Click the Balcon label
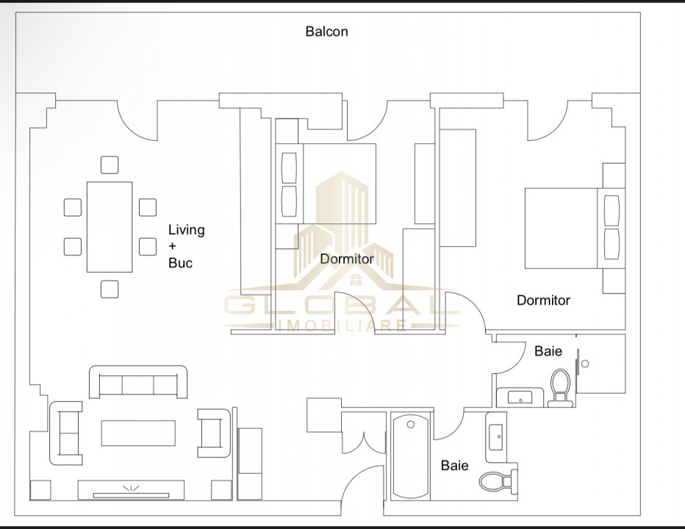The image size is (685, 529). (326, 32)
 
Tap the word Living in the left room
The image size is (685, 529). (186, 230)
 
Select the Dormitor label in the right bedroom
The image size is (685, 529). (543, 300)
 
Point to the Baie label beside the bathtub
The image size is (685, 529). (454, 465)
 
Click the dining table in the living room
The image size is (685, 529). (110, 226)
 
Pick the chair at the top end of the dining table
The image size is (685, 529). (110, 165)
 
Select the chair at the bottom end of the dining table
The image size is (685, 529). (110, 289)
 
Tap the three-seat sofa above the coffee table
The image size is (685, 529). (138, 382)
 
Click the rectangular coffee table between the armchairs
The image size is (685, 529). (138, 433)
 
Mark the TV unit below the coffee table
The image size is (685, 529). (131, 490)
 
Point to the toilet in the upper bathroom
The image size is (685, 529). (561, 387)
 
